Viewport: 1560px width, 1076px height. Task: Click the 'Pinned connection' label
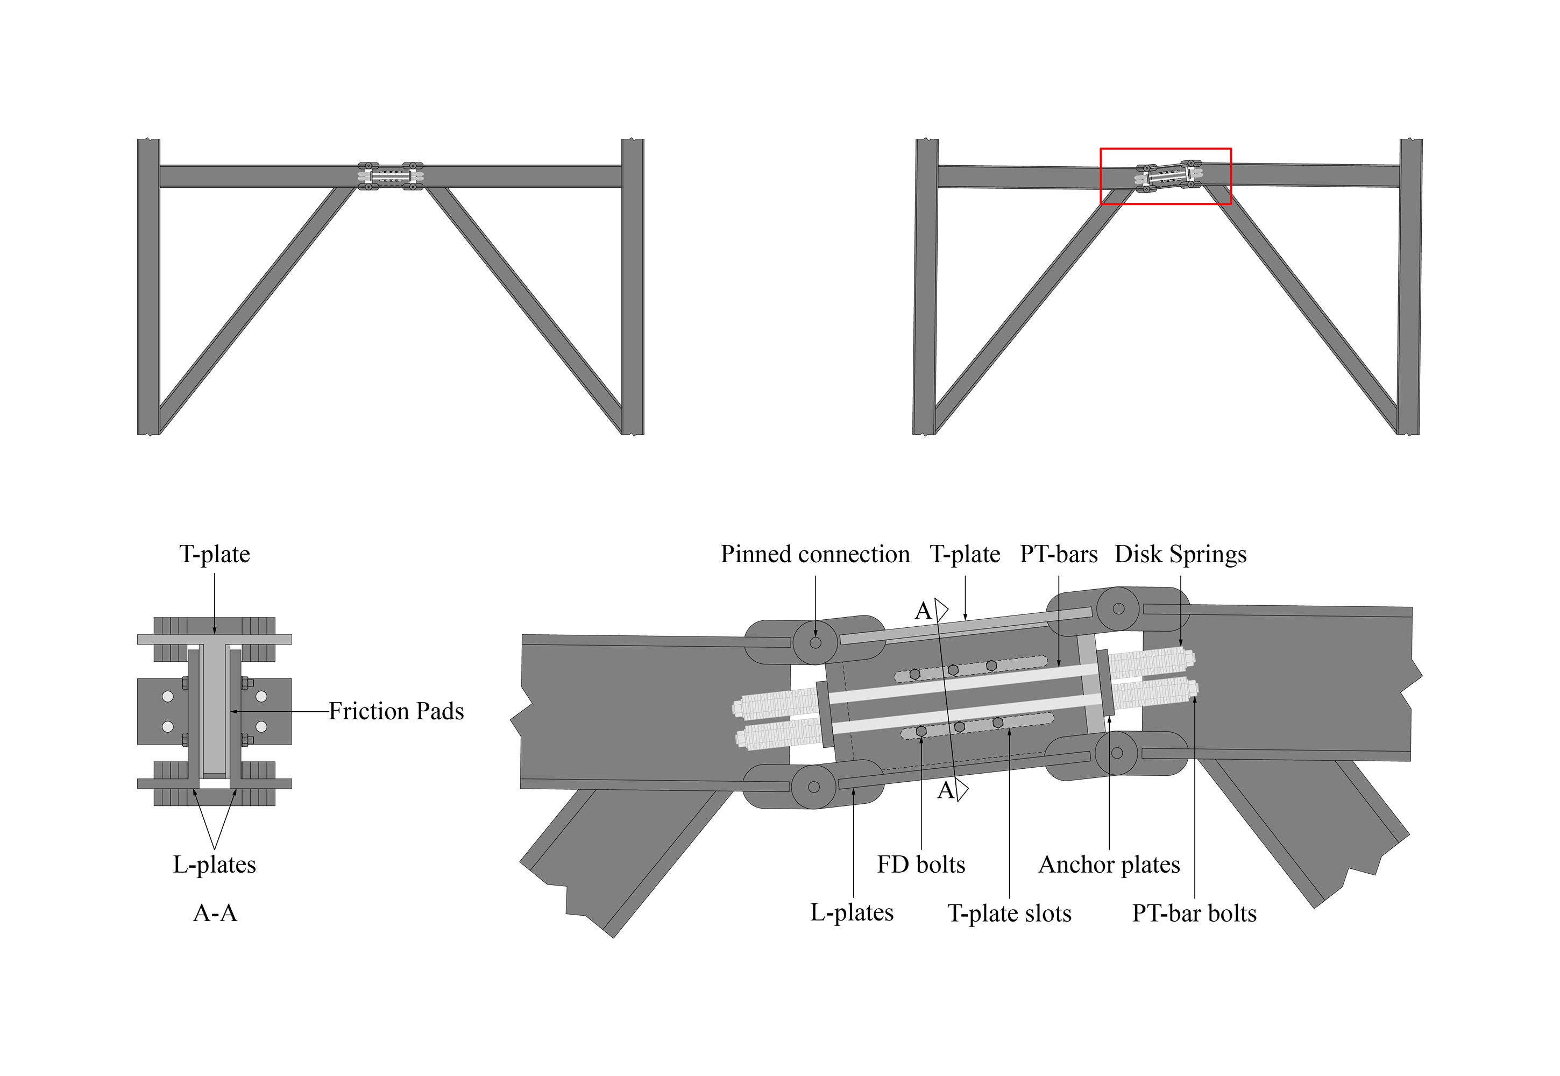click(815, 554)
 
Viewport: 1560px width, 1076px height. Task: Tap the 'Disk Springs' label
click(1180, 554)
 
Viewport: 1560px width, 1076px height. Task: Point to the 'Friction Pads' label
click(396, 711)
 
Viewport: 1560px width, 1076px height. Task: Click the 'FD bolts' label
click(921, 865)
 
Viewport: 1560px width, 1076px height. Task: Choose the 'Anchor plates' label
click(1109, 865)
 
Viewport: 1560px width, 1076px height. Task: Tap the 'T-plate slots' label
click(1009, 913)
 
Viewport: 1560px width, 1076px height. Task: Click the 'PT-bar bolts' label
click(1194, 913)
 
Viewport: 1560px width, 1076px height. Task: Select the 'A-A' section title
click(215, 913)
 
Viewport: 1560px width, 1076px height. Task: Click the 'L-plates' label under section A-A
click(215, 865)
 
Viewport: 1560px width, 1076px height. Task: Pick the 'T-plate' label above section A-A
click(215, 554)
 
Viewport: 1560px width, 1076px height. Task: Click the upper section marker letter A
click(923, 612)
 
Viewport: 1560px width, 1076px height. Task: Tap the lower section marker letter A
click(946, 790)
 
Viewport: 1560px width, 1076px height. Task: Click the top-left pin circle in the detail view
click(815, 642)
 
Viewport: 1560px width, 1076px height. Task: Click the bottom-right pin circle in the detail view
click(1116, 752)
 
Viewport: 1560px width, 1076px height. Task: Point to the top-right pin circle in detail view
click(1118, 609)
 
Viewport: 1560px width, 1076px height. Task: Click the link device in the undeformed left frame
click(391, 176)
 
